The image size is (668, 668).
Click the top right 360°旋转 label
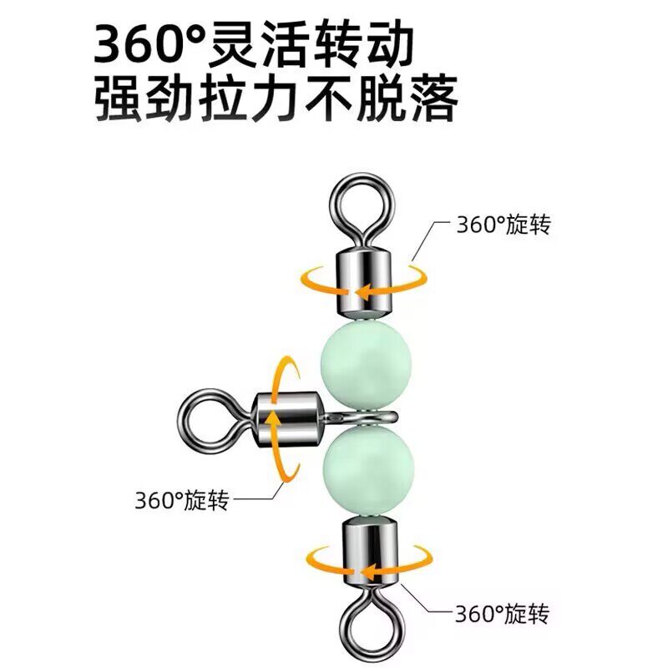[503, 225]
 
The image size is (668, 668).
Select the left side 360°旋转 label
[181, 501]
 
